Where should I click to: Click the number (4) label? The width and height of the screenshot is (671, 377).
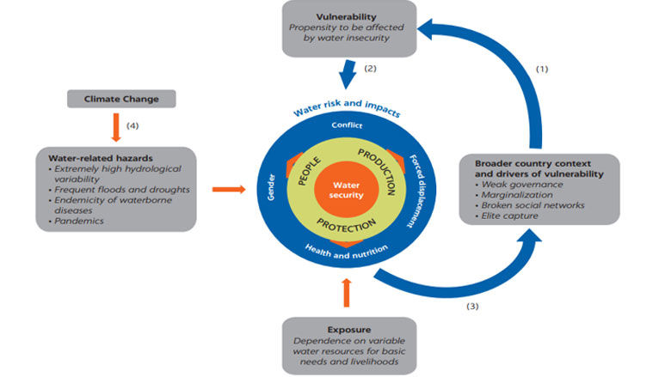click(132, 126)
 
